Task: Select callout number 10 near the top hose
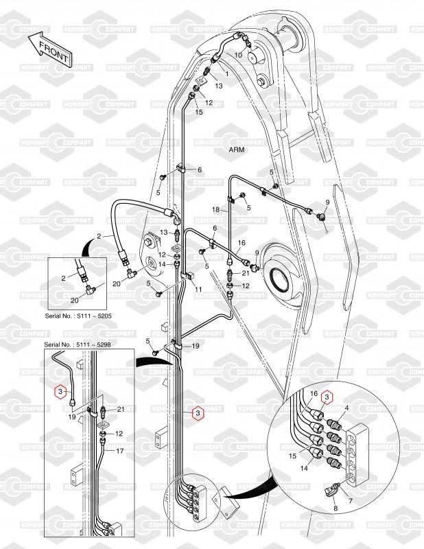[238, 54]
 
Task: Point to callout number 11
[197, 290]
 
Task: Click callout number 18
[215, 209]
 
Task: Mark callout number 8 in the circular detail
[335, 509]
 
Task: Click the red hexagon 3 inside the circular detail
[327, 397]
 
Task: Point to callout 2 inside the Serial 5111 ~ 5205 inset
[62, 278]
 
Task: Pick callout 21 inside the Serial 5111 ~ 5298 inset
[121, 410]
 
